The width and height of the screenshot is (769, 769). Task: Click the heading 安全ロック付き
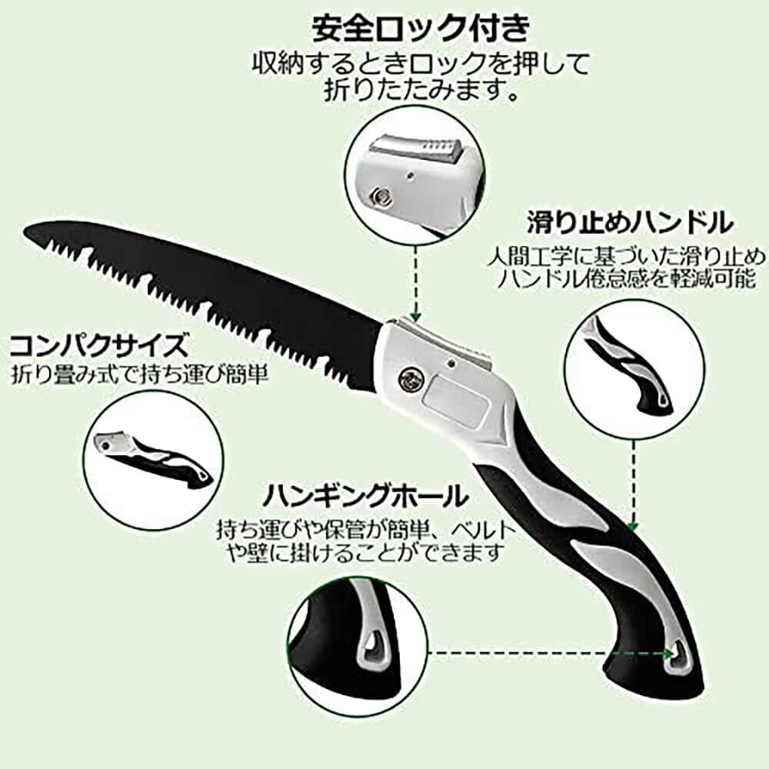421,29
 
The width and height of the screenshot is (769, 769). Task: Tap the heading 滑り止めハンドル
627,224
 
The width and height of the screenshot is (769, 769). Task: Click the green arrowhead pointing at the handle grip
632,527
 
